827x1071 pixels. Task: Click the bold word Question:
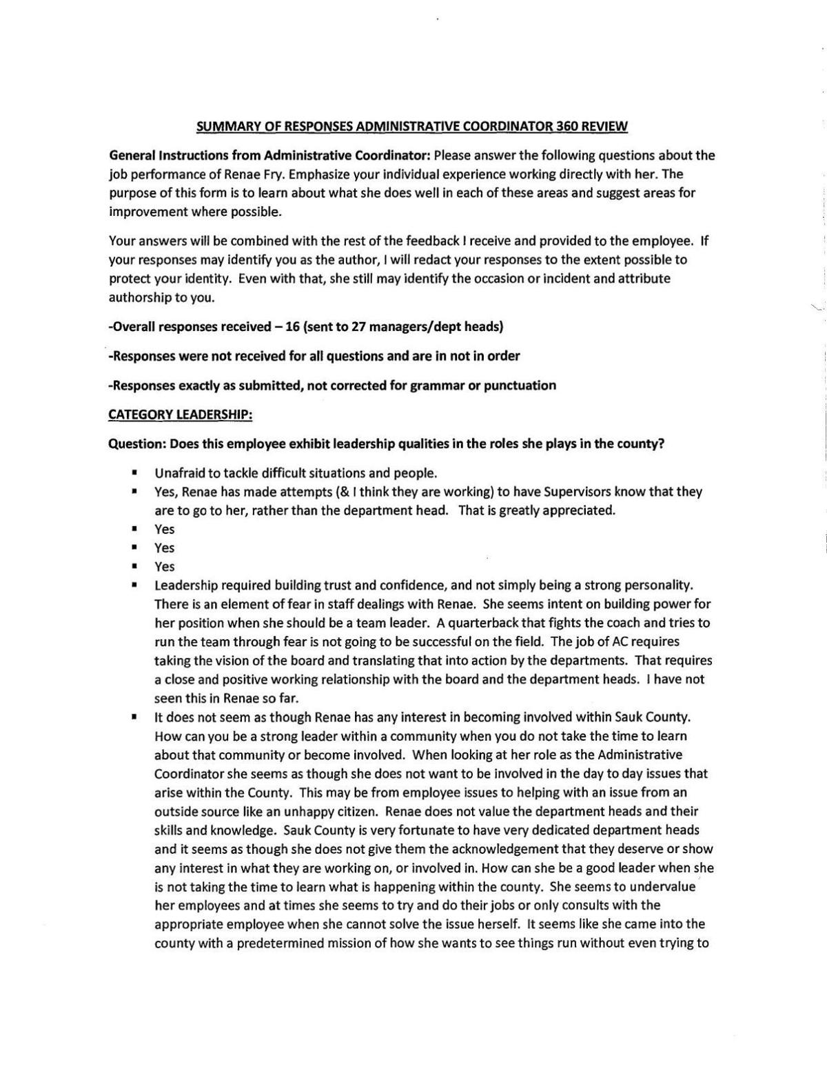pos(138,443)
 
